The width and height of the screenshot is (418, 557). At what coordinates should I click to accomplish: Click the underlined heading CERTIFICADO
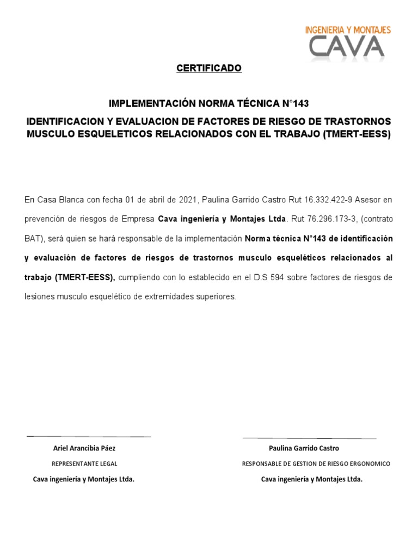(209, 69)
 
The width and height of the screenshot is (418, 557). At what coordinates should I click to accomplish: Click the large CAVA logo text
(346, 47)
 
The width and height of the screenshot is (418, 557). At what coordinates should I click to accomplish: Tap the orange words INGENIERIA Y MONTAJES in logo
(348, 30)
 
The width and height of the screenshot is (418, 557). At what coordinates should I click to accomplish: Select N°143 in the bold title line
(294, 103)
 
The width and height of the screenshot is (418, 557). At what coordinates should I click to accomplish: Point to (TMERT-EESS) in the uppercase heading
(356, 134)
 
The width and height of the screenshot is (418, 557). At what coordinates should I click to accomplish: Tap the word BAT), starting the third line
(36, 239)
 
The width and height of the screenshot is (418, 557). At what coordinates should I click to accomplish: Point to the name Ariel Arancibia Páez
(84, 448)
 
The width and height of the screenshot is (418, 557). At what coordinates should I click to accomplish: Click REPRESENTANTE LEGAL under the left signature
(84, 464)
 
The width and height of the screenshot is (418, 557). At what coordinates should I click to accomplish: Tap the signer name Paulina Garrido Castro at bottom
(304, 448)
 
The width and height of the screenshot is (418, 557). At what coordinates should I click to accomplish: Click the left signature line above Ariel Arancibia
(88, 436)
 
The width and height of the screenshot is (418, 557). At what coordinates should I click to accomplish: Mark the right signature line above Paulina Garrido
(309, 438)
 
